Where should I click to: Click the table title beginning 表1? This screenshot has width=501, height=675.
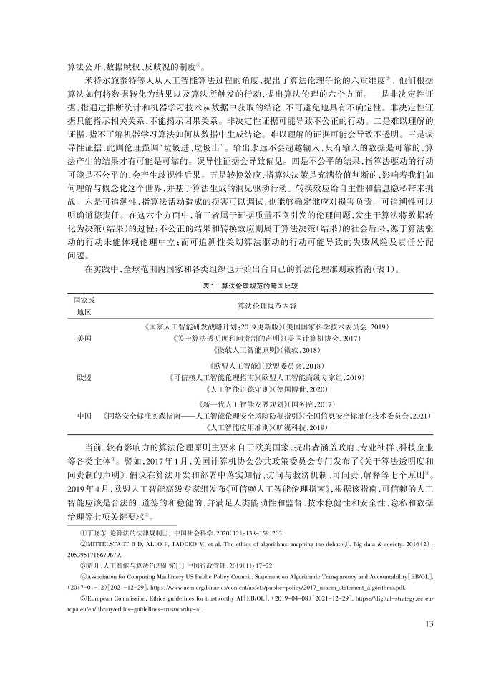[250, 284]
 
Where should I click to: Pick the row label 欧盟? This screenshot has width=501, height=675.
[83, 375]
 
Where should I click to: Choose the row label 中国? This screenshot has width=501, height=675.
[83, 414]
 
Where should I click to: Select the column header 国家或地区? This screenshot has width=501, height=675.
[84, 305]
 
